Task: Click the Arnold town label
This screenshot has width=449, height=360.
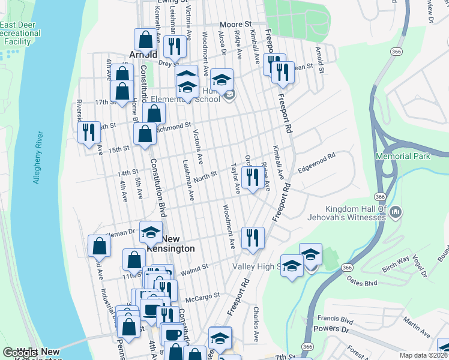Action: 143,55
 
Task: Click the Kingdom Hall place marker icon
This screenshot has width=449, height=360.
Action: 396,212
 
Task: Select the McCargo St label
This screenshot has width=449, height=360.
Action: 203,295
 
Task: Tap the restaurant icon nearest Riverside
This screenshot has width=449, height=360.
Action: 89,131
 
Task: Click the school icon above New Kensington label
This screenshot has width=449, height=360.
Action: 151,231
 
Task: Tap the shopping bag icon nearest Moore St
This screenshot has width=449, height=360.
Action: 145,40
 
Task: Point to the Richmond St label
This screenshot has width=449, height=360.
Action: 173,127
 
